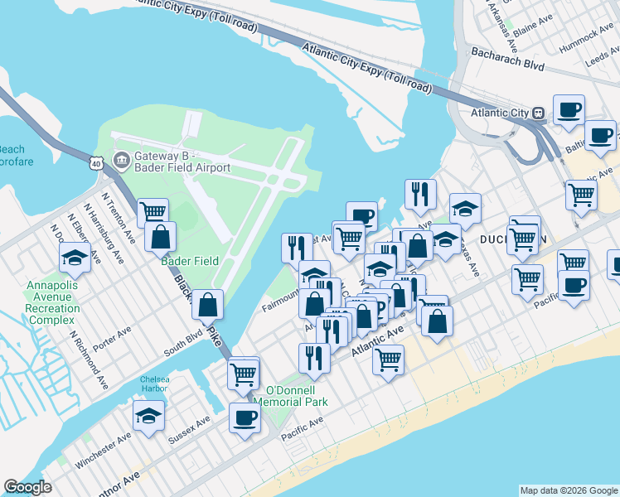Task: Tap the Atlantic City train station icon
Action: click(538, 113)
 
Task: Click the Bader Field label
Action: click(190, 261)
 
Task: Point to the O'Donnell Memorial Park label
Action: click(295, 396)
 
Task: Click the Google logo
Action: click(28, 487)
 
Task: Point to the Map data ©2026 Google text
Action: click(568, 490)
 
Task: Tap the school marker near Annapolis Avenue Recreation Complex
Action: click(75, 258)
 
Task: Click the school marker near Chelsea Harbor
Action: click(148, 415)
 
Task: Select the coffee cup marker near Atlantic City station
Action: click(569, 109)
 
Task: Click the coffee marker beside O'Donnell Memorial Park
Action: click(244, 417)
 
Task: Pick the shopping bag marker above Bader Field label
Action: click(160, 236)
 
